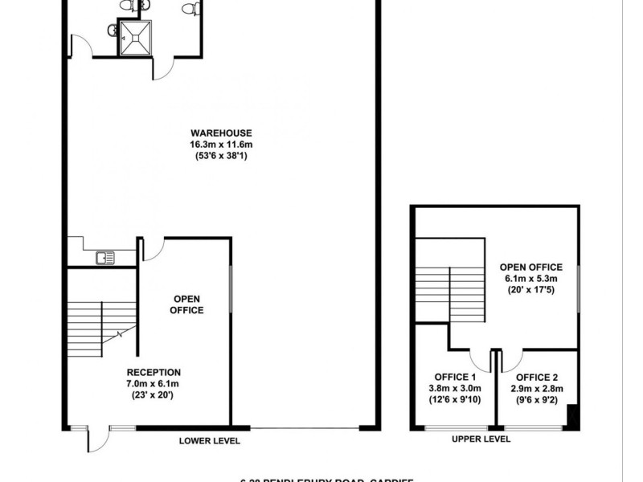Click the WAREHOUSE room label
(221, 133)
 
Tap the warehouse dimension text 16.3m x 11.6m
(221, 145)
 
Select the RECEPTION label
(154, 373)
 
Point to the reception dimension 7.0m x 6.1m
(154, 384)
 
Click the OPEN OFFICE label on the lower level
(187, 304)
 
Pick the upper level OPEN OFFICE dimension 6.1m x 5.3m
(530, 279)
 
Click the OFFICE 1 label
(456, 378)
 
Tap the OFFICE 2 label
(536, 378)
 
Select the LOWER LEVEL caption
(210, 441)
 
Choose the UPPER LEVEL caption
(481, 439)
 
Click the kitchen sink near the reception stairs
(104, 258)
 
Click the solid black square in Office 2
(571, 416)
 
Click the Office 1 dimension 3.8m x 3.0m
(456, 389)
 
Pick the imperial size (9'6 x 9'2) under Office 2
(536, 399)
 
